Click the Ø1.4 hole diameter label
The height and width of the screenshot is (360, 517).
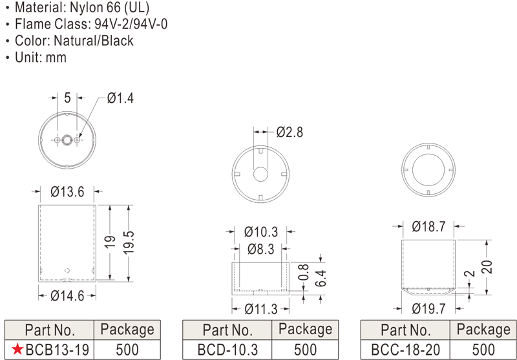tap(120, 98)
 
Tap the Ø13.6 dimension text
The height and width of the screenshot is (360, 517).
tap(67, 191)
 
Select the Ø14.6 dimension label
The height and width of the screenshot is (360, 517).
tap(67, 296)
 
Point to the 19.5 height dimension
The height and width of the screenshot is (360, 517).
tap(129, 242)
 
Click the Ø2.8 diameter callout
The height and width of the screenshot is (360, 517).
tap(290, 132)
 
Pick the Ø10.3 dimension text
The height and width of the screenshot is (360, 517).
tap(261, 232)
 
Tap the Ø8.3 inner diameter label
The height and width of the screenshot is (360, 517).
tap(261, 249)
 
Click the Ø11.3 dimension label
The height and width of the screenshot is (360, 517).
tap(261, 309)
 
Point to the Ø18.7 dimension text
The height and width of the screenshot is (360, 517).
tap(428, 226)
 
